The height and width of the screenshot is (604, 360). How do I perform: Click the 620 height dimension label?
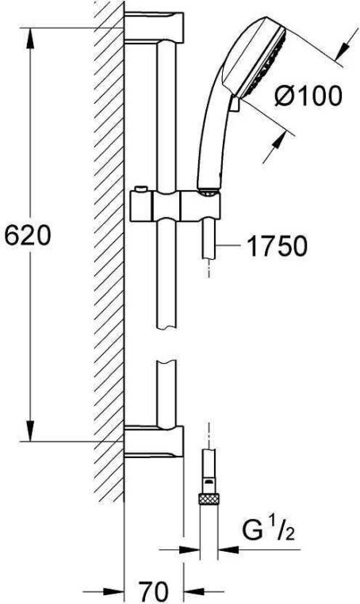(28, 235)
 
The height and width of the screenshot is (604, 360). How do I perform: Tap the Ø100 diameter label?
(308, 96)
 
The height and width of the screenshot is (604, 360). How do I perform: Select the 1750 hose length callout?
(277, 246)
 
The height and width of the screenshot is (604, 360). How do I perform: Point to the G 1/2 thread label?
(269, 530)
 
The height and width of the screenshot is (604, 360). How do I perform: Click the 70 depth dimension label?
(153, 591)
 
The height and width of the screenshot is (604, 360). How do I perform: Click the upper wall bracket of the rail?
(154, 28)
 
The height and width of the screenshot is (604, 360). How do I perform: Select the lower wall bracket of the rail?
(154, 442)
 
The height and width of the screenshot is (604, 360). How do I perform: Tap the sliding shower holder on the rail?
(175, 206)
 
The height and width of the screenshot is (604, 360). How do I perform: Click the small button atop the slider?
(140, 189)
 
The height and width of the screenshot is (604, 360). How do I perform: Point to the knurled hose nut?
(209, 499)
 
